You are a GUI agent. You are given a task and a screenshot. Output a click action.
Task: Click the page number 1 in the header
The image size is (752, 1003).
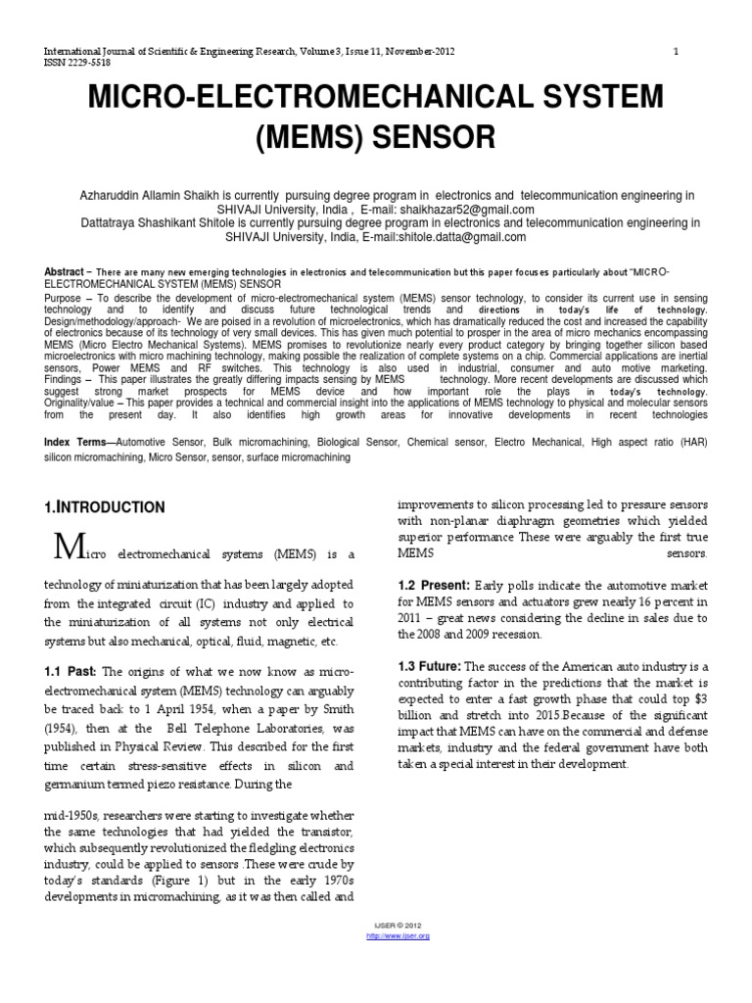pyautogui.click(x=677, y=50)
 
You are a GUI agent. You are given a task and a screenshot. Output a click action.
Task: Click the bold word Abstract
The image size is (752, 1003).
pyautogui.click(x=64, y=271)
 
